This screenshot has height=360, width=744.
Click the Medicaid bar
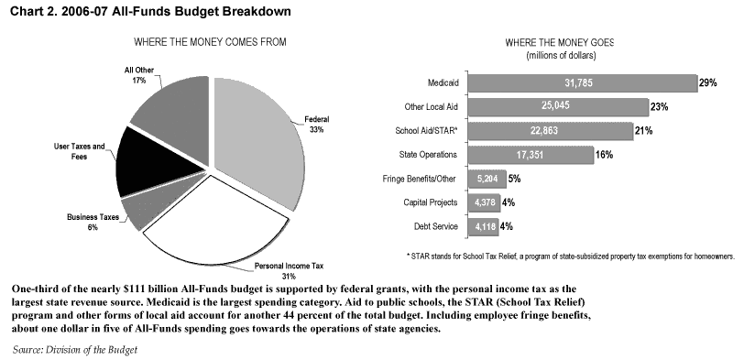tap(582, 83)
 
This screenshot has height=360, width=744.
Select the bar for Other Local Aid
tap(557, 106)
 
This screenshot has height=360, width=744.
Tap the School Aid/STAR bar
tap(551, 130)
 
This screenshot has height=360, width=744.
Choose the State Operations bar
tap(531, 155)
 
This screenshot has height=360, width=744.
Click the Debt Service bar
tap(483, 226)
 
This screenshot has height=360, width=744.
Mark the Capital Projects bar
tap(484, 202)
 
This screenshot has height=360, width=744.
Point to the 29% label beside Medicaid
tap(707, 83)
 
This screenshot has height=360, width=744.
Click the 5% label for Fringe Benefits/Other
tap(514, 179)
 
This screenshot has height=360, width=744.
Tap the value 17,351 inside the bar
tap(530, 155)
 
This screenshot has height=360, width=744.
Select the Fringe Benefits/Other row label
tap(419, 179)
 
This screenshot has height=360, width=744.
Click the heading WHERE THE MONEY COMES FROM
tap(210, 42)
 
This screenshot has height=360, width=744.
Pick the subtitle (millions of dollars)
tap(561, 56)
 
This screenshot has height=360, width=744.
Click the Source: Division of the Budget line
tap(75, 350)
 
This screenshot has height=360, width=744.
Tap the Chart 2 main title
tap(150, 11)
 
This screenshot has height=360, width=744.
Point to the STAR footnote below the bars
tap(571, 256)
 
